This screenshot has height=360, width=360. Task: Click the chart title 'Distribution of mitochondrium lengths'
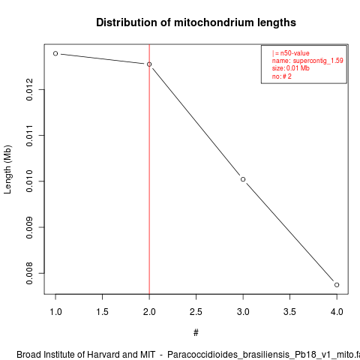pyautogui.click(x=196, y=22)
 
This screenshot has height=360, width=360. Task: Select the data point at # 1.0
pyautogui.click(x=55, y=53)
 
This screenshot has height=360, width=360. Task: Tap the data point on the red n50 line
pyautogui.click(x=149, y=64)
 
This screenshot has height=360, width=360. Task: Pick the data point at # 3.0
pyautogui.click(x=243, y=179)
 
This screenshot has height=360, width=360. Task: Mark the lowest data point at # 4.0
pyautogui.click(x=337, y=285)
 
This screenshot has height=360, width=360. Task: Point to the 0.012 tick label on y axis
pyautogui.click(x=29, y=89)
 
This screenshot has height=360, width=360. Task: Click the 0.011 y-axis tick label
pyautogui.click(x=29, y=135)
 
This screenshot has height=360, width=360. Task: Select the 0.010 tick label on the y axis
pyautogui.click(x=29, y=181)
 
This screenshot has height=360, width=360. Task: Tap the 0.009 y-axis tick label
pyautogui.click(x=29, y=227)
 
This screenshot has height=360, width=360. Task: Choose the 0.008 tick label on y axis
pyautogui.click(x=29, y=273)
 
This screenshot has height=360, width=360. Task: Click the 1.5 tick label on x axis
pyautogui.click(x=103, y=312)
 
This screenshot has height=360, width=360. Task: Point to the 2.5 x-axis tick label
pyautogui.click(x=196, y=312)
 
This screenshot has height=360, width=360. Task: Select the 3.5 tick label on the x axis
pyautogui.click(x=289, y=312)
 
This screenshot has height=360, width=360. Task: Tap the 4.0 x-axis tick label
pyautogui.click(x=337, y=312)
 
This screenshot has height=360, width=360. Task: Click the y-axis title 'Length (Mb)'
pyautogui.click(x=7, y=169)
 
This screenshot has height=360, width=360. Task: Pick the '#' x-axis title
pyautogui.click(x=196, y=333)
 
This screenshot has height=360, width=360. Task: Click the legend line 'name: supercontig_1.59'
pyautogui.click(x=307, y=61)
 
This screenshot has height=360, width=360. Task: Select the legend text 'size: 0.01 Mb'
pyautogui.click(x=291, y=68)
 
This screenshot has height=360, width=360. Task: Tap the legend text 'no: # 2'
pyautogui.click(x=282, y=76)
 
